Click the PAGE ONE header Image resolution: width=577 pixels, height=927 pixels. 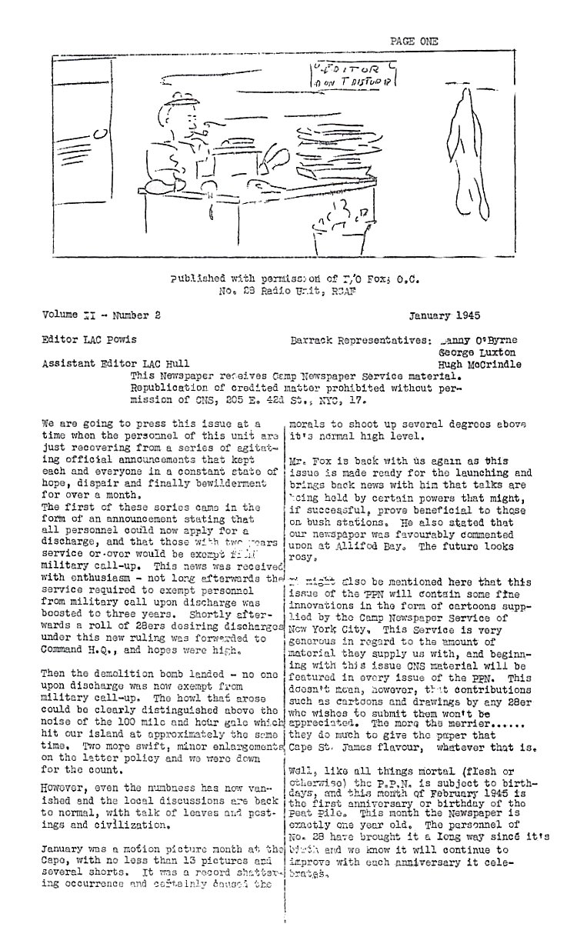click(413, 42)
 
